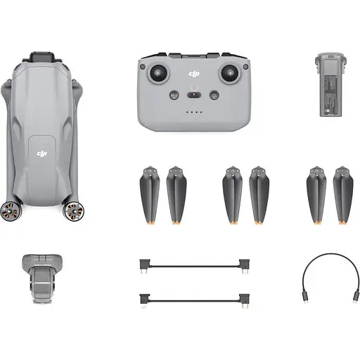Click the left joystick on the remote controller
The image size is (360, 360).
(161, 72)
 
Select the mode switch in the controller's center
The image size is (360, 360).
(195, 95)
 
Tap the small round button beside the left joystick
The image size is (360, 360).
(143, 67)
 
